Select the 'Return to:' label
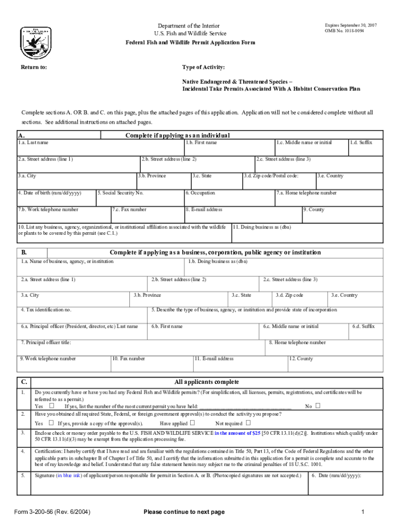[34, 68]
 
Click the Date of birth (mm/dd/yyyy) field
[56, 198]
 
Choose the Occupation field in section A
[229, 198]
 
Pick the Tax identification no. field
[83, 316]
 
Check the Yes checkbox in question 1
[51, 406]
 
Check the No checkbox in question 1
[318, 406]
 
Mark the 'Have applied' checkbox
[192, 423]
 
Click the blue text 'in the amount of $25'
[237, 432]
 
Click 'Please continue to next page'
[184, 512]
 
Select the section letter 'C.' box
[24, 382]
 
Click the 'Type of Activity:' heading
[203, 68]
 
